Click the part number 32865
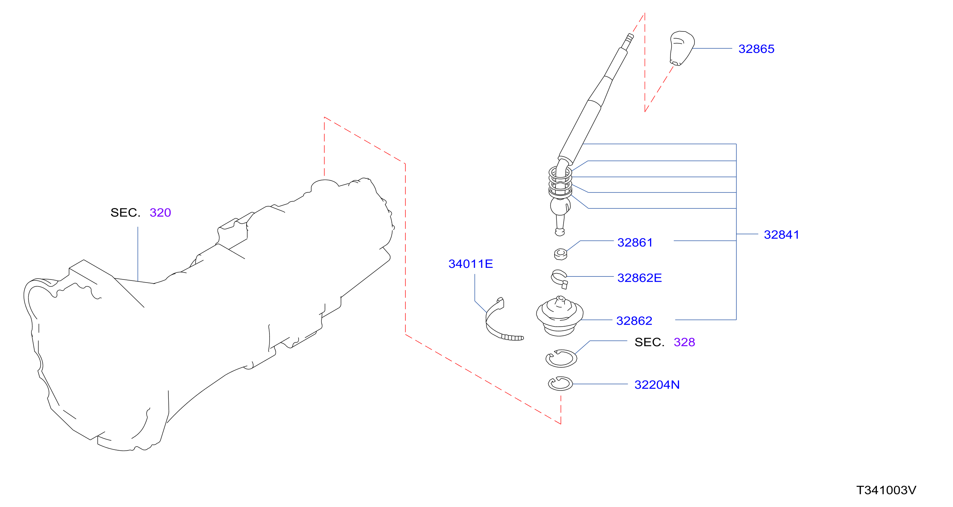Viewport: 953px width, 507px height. [x=756, y=49]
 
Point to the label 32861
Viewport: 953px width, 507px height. [x=635, y=243]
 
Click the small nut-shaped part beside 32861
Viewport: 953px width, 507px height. [x=561, y=254]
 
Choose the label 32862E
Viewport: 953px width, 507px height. [x=639, y=277]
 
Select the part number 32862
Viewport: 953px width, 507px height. [x=634, y=320]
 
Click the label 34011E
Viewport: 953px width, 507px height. [x=471, y=264]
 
